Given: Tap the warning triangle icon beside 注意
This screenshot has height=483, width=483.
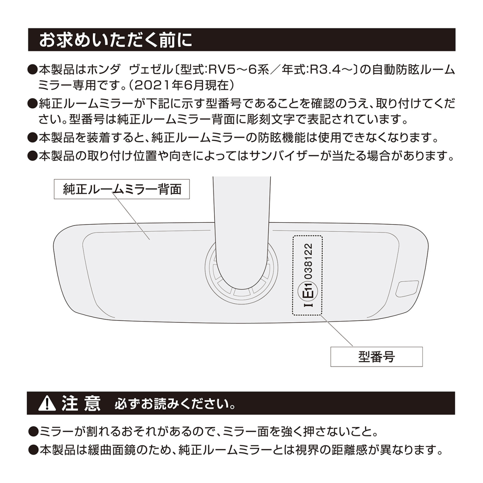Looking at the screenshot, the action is pos(47,403).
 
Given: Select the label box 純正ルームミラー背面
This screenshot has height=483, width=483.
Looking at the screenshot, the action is pos(122,189).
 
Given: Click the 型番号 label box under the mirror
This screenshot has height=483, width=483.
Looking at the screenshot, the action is pos(376,357).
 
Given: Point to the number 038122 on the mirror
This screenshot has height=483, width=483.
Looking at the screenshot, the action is pos(310,261).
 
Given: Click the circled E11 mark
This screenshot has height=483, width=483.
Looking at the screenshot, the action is pos(308,291).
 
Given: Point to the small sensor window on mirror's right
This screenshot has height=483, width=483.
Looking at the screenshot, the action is pos(407,289).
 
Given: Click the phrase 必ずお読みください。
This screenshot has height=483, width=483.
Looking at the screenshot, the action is pos(175,404).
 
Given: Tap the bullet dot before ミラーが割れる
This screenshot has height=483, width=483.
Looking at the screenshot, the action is pos(33,432).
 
